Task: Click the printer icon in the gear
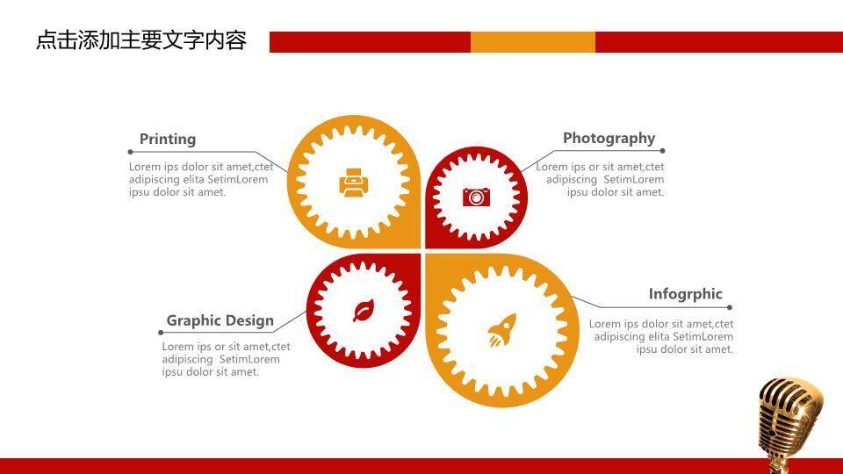coord(354,183)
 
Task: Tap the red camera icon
coord(476,197)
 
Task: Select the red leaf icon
coord(364,311)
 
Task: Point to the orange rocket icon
coord(502,330)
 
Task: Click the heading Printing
coord(168,140)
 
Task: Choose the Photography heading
coord(609,139)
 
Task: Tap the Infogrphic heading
coord(686,295)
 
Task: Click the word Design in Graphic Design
coord(249,320)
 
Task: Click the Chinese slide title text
coord(141,41)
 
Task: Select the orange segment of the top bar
coord(533,42)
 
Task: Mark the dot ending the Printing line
coord(131,152)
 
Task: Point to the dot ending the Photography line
coord(662,151)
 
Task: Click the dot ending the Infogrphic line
coord(730,307)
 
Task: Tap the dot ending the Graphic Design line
coord(161,333)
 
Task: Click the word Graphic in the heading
coord(193,321)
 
